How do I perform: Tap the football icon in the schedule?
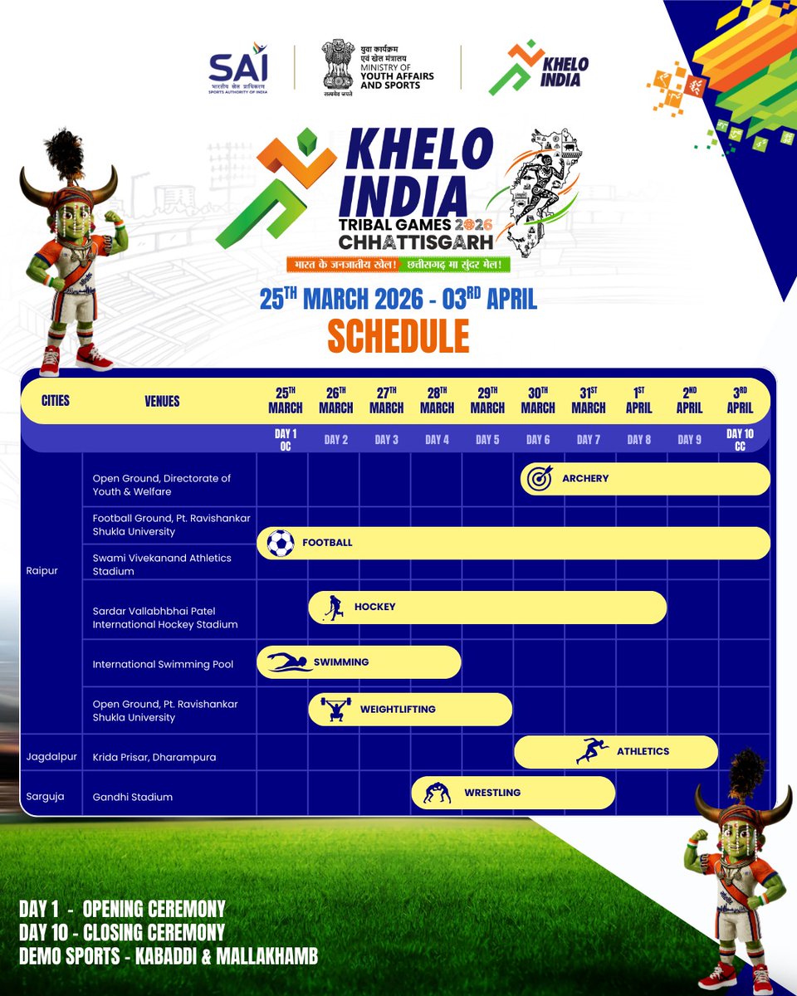[281, 543]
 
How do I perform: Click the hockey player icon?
[332, 607]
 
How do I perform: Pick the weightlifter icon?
[335, 710]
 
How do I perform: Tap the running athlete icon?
[592, 751]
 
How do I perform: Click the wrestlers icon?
[437, 793]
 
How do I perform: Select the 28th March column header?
[437, 400]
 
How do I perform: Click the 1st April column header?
[639, 400]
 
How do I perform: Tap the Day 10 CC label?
[740, 440]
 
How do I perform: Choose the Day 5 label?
[487, 440]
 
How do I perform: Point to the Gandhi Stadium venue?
[133, 797]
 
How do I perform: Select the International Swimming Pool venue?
[163, 664]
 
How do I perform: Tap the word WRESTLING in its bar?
[492, 793]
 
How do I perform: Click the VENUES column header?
[161, 401]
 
